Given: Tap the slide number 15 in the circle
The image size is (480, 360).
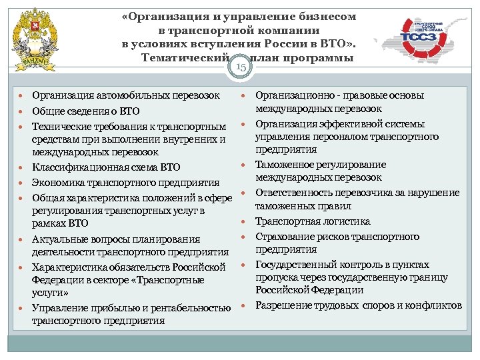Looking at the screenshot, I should point(241,67).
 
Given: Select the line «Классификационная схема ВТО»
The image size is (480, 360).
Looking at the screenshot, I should point(106,167).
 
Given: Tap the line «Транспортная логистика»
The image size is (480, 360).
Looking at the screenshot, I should point(313,222).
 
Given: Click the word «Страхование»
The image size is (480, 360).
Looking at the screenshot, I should point(288,237).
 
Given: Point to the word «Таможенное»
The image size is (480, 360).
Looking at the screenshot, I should point(286,165).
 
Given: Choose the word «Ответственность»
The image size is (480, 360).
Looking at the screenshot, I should point(297,193).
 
